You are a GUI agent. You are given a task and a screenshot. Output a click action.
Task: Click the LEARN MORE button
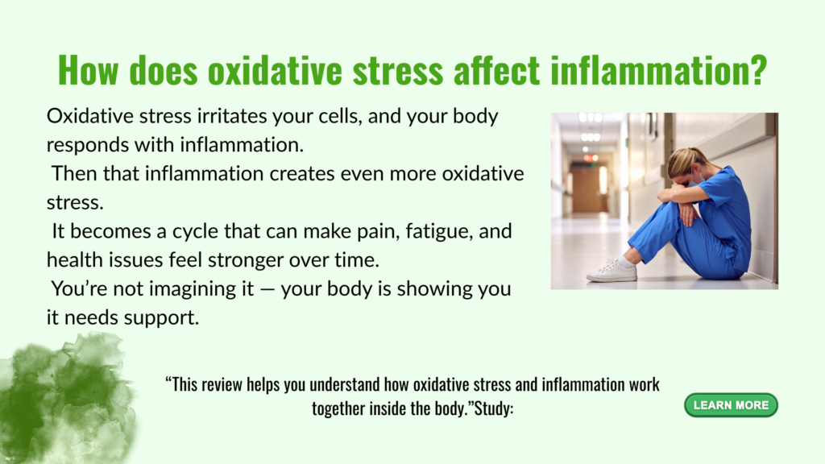[731, 405]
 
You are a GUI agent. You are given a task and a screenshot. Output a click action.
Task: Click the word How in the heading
[89, 70]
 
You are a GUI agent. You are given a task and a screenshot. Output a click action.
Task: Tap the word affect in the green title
[496, 70]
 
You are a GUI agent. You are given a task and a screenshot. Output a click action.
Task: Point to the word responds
[87, 145]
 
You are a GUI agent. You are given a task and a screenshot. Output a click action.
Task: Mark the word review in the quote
[221, 384]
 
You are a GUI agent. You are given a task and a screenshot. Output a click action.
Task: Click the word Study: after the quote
[494, 408]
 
